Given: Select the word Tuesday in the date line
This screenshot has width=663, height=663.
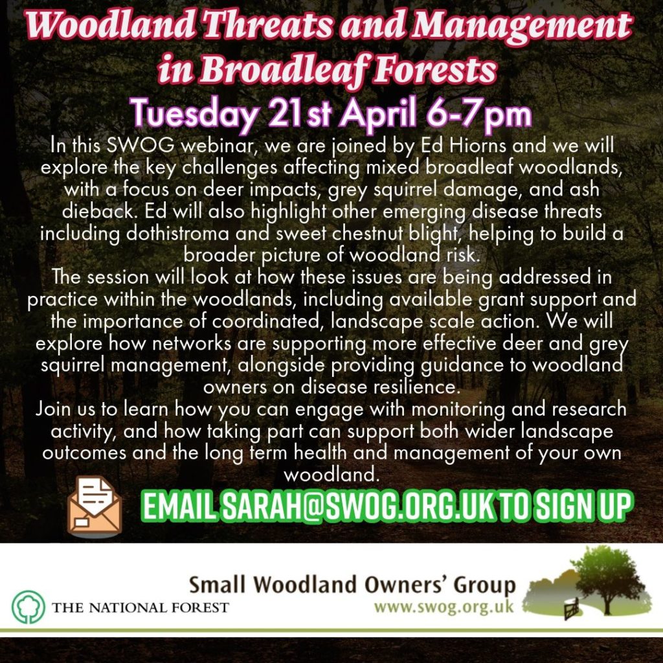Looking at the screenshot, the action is [194, 113].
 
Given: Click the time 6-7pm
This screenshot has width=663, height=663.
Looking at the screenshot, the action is [478, 113].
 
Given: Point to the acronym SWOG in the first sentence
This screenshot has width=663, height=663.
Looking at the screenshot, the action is [140, 145].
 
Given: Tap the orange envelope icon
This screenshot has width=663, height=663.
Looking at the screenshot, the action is [95, 506].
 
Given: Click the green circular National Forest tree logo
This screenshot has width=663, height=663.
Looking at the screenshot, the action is [28, 607].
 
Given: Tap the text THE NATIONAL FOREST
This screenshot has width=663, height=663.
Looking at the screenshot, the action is [140, 607].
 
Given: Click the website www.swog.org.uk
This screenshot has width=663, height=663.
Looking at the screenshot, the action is [444, 607].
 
